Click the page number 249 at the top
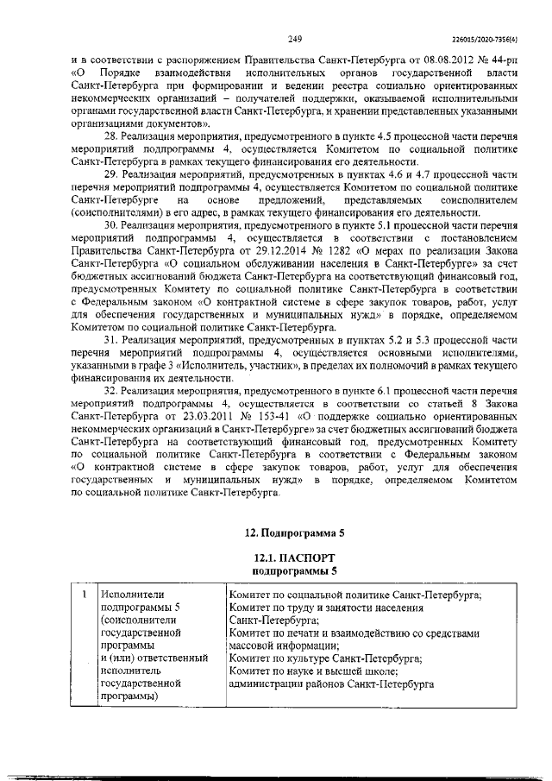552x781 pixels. click(293, 38)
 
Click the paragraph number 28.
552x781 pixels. click(110, 137)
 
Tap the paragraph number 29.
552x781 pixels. click(110, 173)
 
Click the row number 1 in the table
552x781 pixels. click(83, 595)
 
